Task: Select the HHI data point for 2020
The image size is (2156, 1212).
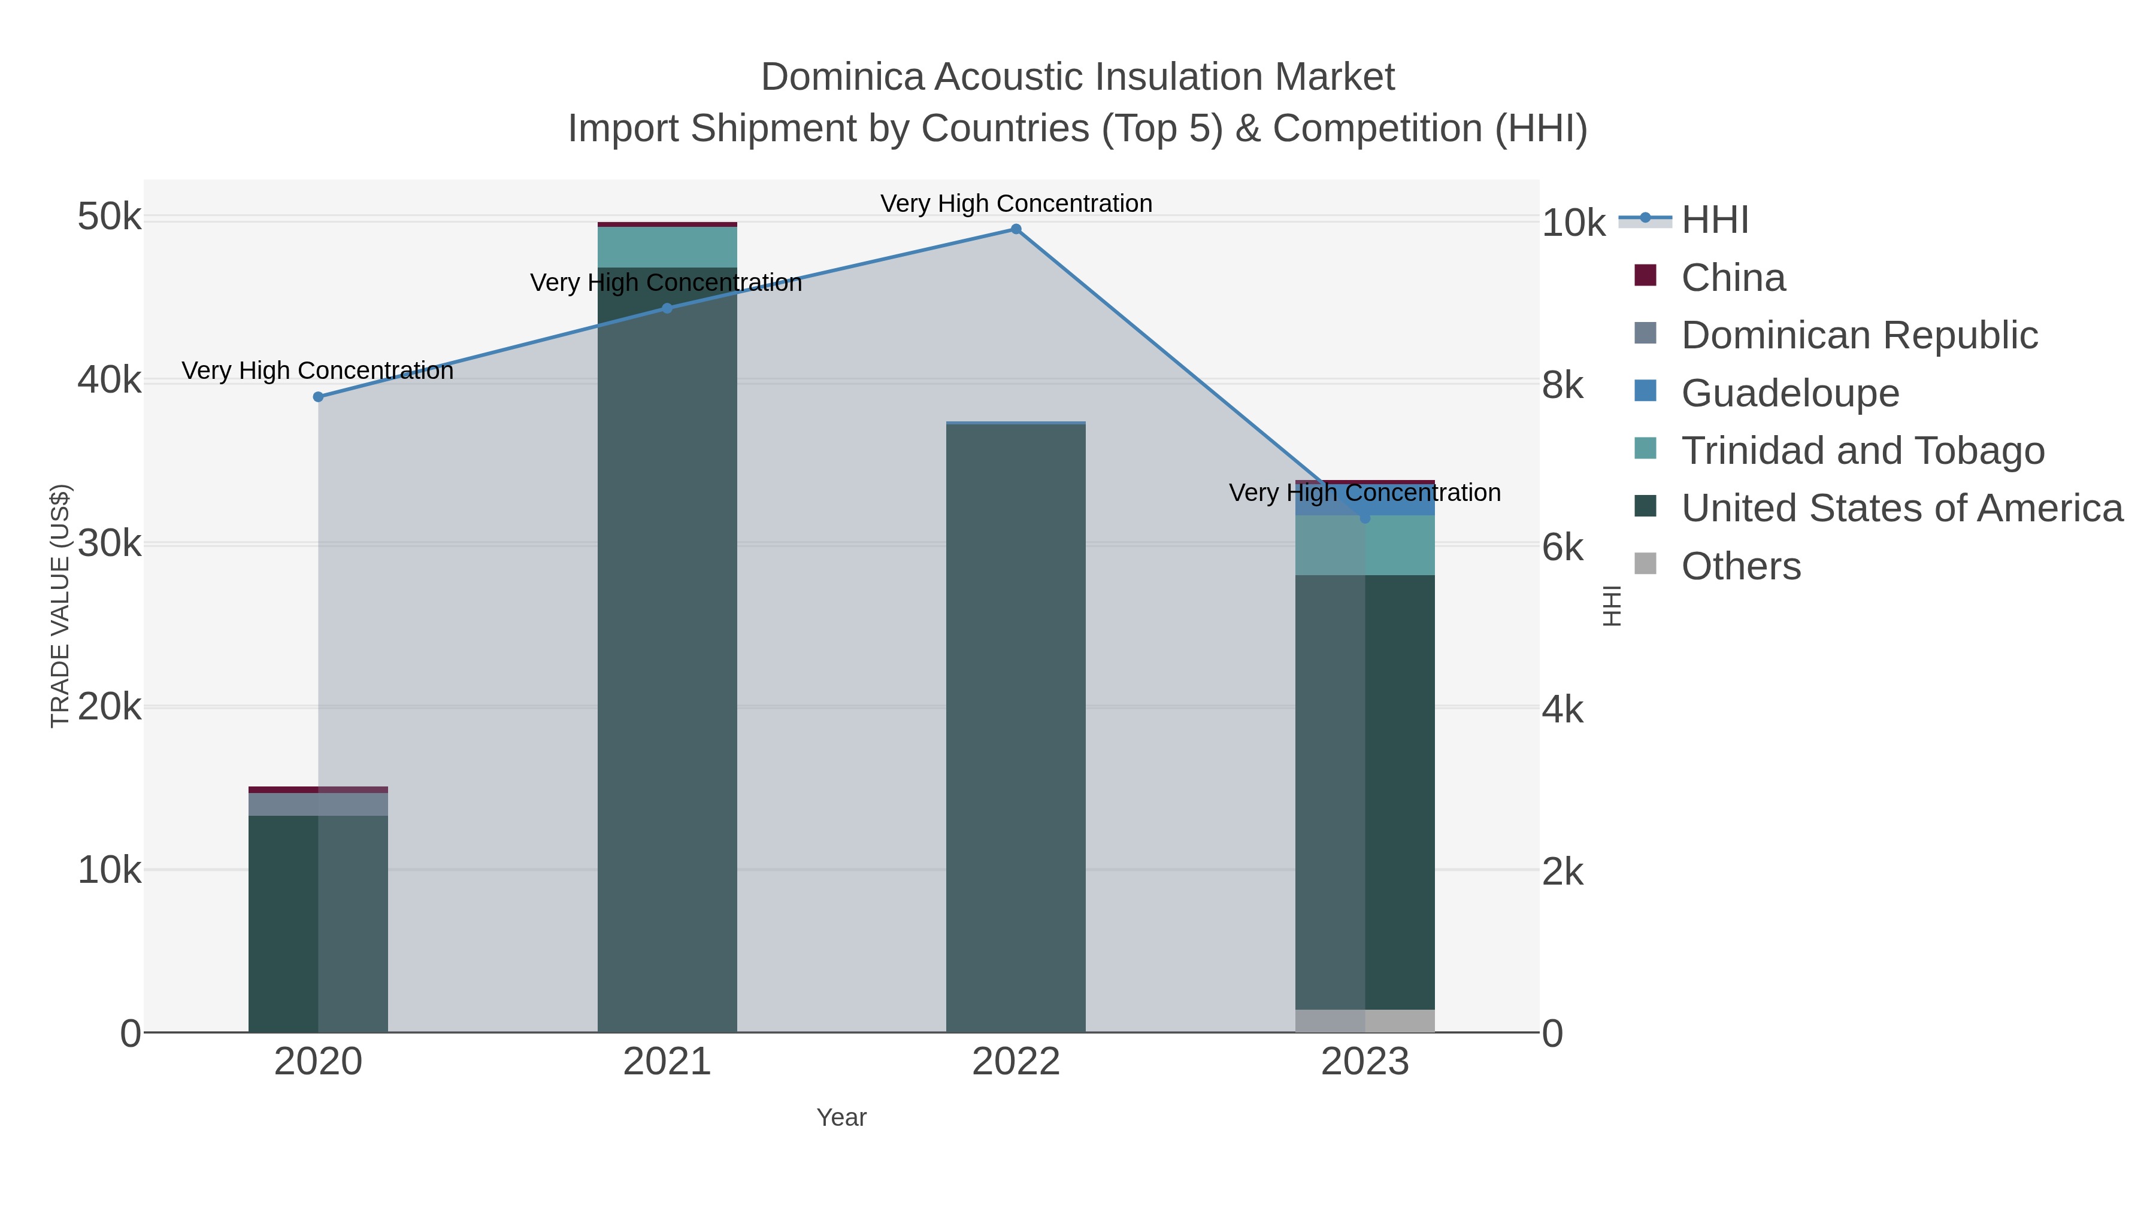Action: coord(318,396)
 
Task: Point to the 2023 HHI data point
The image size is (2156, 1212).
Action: coord(1365,518)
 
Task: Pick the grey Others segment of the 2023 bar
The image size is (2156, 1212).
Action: coord(1365,1020)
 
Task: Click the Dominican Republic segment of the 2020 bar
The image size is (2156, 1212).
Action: coord(318,804)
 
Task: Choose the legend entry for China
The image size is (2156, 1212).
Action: coord(1733,278)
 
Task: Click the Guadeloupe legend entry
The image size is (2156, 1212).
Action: coord(1789,393)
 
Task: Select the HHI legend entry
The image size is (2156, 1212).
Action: coord(1714,220)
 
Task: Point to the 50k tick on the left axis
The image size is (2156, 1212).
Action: coord(109,217)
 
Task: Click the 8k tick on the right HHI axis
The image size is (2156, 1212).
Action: coord(1562,385)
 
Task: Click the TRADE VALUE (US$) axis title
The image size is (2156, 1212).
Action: coord(60,606)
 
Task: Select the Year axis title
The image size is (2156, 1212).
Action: coord(841,1117)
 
